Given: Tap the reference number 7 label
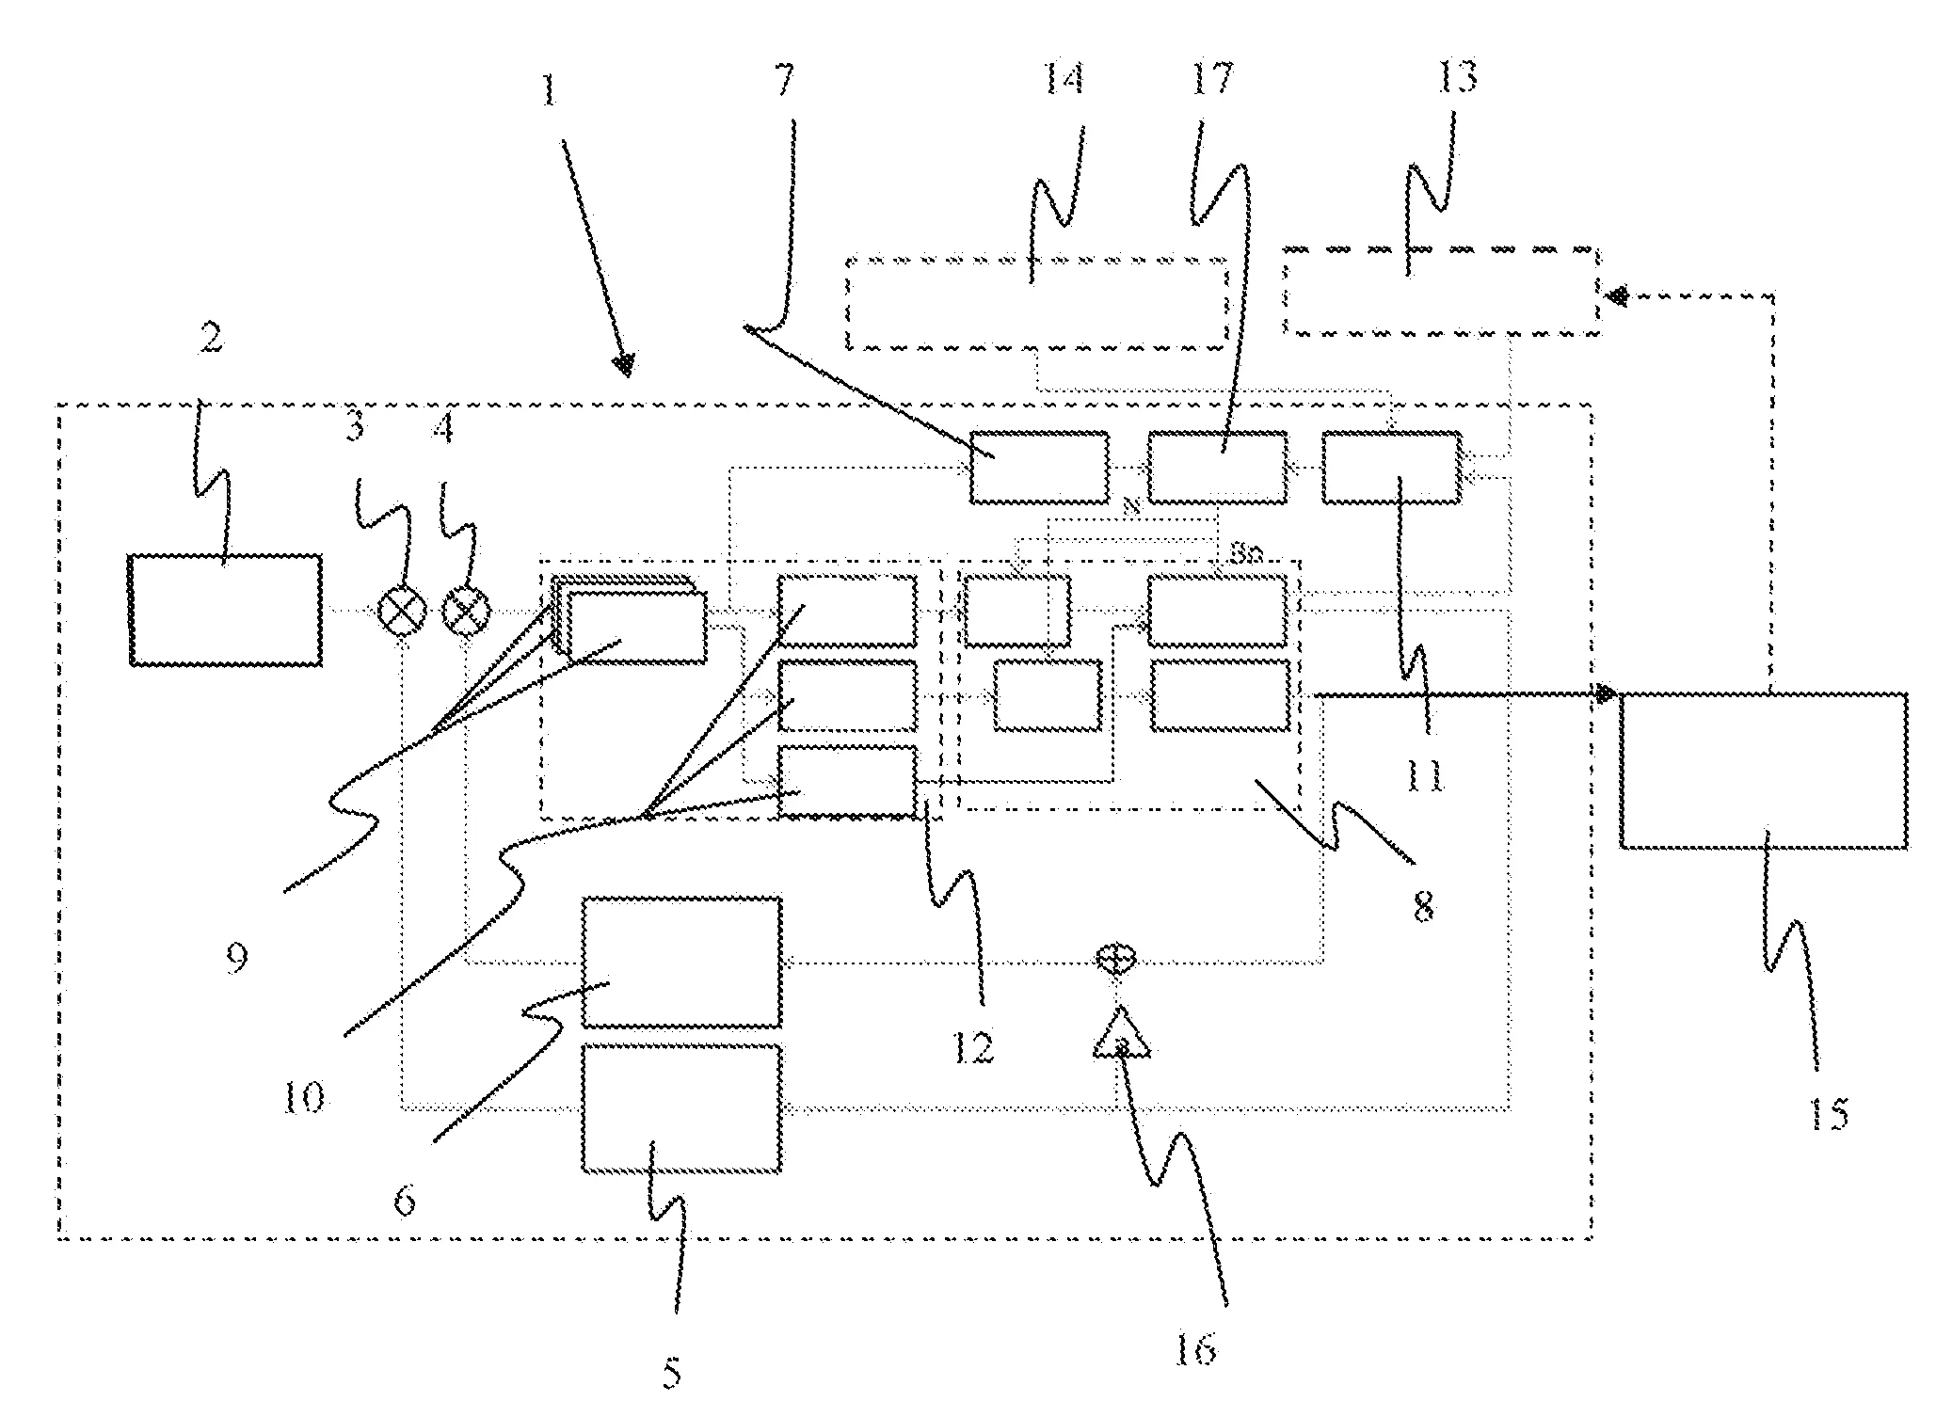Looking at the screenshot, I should (x=783, y=81).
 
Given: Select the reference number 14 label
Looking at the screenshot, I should (x=1063, y=78).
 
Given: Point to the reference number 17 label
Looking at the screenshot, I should (x=1212, y=78).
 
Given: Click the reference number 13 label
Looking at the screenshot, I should (x=1456, y=76).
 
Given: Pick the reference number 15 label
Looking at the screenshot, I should (x=1828, y=1115).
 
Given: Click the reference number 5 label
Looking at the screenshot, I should (x=671, y=1372).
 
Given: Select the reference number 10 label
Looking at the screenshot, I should (x=303, y=1097).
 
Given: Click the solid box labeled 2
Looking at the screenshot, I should (x=226, y=610).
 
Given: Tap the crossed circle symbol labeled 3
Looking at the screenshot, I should (x=402, y=611).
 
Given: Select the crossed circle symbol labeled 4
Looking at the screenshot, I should (x=467, y=611).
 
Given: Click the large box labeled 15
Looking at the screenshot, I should (x=1764, y=771).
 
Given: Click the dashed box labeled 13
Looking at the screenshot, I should (x=1441, y=292).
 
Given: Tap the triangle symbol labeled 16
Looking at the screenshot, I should (x=1121, y=1035).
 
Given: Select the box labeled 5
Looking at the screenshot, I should (x=681, y=1108).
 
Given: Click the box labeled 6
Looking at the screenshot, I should (x=681, y=962).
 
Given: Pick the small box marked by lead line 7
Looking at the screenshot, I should (x=1039, y=467).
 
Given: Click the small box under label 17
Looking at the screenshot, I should (x=1216, y=467).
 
